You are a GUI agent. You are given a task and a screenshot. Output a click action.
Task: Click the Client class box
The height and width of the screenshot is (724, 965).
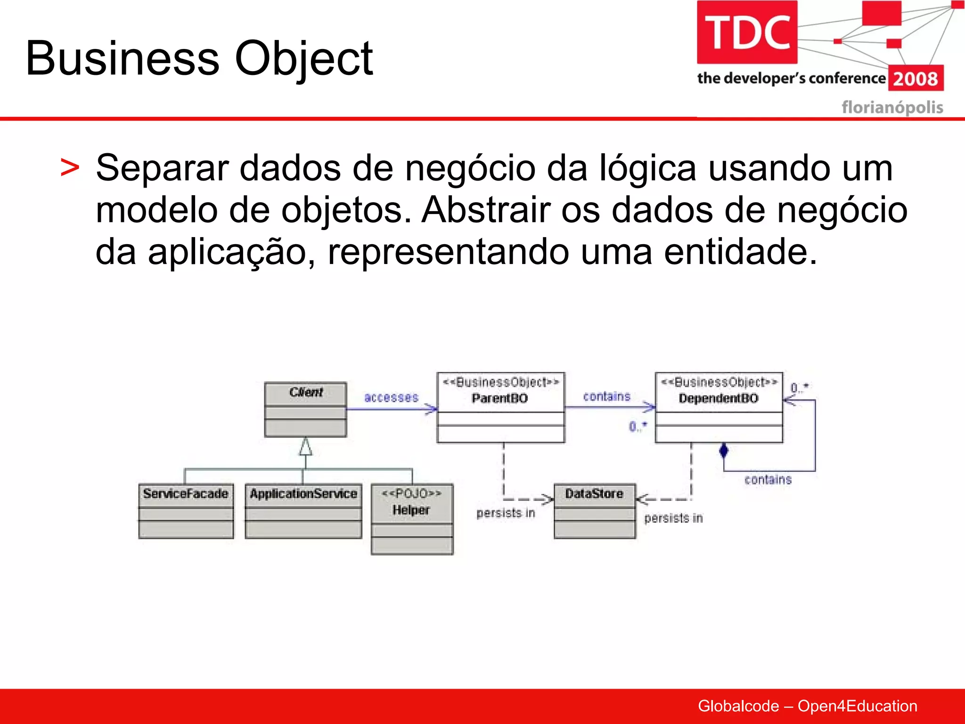click(x=305, y=409)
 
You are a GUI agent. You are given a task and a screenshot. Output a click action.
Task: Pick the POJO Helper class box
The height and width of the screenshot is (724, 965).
click(x=412, y=518)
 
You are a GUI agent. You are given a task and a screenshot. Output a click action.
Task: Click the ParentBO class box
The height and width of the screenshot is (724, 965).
click(x=500, y=407)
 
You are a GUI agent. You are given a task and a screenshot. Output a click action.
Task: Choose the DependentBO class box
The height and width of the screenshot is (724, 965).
click(x=719, y=407)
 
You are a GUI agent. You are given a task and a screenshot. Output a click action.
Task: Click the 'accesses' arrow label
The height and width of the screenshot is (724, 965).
click(x=391, y=397)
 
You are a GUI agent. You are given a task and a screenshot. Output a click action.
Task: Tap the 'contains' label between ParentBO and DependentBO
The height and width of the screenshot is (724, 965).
click(x=606, y=396)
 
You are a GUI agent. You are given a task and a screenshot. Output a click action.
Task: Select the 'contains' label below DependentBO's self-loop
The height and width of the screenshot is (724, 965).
click(x=768, y=479)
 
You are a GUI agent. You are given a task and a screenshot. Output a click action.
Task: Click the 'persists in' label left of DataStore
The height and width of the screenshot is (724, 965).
click(x=506, y=512)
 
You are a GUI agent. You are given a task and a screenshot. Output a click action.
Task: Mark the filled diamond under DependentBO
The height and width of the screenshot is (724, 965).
click(x=724, y=451)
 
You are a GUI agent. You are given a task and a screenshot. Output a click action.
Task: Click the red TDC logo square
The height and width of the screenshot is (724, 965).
click(x=747, y=32)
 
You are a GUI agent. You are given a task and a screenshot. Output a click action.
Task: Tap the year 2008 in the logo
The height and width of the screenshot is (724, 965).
click(x=915, y=78)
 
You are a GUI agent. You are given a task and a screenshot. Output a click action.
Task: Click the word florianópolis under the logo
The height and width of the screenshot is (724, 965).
click(x=892, y=107)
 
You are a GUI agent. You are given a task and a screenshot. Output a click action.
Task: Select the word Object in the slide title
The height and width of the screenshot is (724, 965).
click(x=304, y=59)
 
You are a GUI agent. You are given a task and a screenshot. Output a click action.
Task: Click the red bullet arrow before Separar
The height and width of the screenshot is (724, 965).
click(x=70, y=168)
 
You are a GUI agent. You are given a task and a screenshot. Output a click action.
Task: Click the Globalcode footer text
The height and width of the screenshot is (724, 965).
click(x=807, y=706)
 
